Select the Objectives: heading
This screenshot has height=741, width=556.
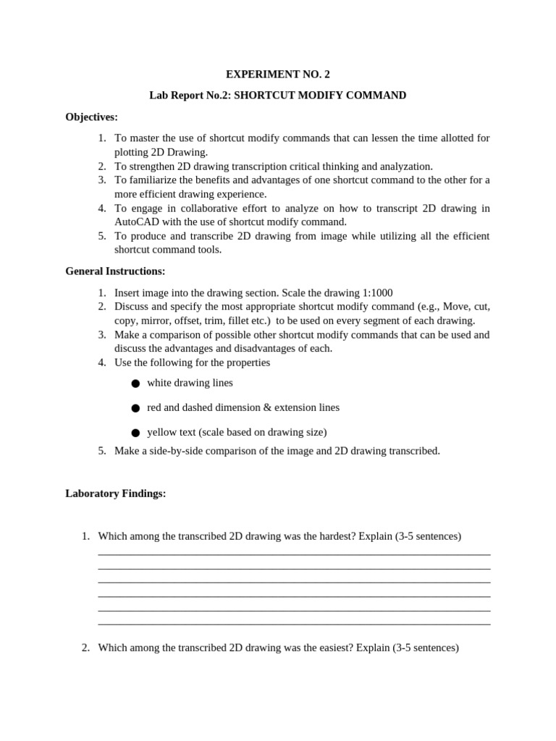pos(91,117)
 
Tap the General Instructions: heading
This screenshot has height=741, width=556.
pos(115,271)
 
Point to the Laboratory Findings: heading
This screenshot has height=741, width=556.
pos(116,494)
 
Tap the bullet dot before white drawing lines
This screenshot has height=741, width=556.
pos(135,384)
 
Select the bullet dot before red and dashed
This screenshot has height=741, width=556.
pos(135,408)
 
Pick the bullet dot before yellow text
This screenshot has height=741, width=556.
pos(135,433)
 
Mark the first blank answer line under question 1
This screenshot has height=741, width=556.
pos(294,554)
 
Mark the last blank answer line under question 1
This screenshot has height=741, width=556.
pos(294,624)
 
